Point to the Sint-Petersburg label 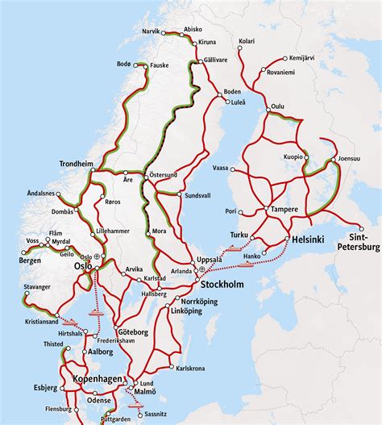tap(359, 244)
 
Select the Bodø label tap(123, 63)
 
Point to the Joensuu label tap(348, 158)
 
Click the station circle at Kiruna tap(197, 40)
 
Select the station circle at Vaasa tap(231, 169)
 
